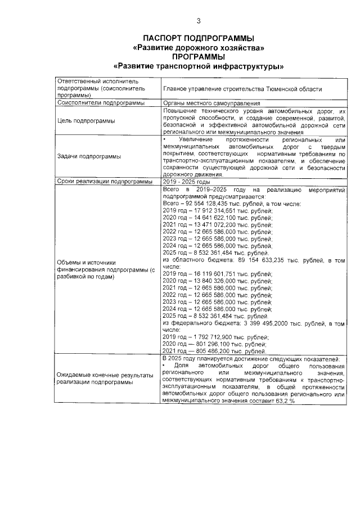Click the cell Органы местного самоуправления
pyautogui.click(x=211, y=103)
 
